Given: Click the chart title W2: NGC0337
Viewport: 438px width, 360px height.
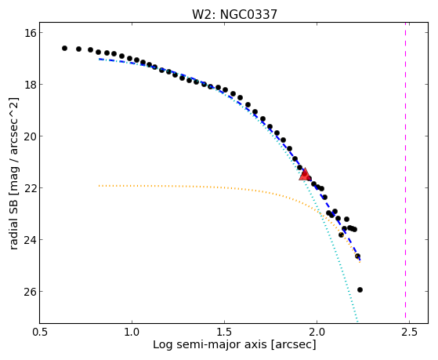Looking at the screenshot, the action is (x=234, y=14).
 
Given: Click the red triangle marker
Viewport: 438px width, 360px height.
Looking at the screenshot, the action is (x=305, y=175).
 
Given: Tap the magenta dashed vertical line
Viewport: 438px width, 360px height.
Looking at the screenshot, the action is (x=405, y=173).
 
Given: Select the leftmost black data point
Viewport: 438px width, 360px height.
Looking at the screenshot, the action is (x=64, y=48).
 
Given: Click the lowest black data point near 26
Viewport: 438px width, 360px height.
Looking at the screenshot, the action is (x=360, y=289).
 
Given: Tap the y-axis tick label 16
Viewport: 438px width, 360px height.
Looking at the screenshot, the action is (x=30, y=33).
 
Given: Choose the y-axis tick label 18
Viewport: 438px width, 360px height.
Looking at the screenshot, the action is (x=30, y=85).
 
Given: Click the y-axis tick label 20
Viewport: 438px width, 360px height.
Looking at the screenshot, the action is (x=30, y=136).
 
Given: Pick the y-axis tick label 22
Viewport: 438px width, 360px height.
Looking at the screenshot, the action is (x=30, y=188).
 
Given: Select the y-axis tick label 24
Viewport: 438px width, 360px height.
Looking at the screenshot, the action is (x=30, y=240).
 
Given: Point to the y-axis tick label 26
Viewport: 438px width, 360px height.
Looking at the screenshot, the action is (x=30, y=292).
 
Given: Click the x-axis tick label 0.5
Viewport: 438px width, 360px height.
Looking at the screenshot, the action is (x=40, y=332).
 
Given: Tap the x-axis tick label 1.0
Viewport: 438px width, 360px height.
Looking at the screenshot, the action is (x=132, y=332).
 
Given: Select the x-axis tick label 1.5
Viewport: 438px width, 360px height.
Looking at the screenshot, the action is (x=224, y=332).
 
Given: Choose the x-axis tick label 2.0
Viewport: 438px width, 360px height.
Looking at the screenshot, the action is (x=317, y=332).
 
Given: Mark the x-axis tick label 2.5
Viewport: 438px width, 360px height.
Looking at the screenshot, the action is (x=409, y=332).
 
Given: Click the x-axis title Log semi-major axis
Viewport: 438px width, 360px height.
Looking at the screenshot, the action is (x=210, y=344).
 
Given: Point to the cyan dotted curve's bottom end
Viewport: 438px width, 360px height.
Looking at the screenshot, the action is (x=357, y=322).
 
